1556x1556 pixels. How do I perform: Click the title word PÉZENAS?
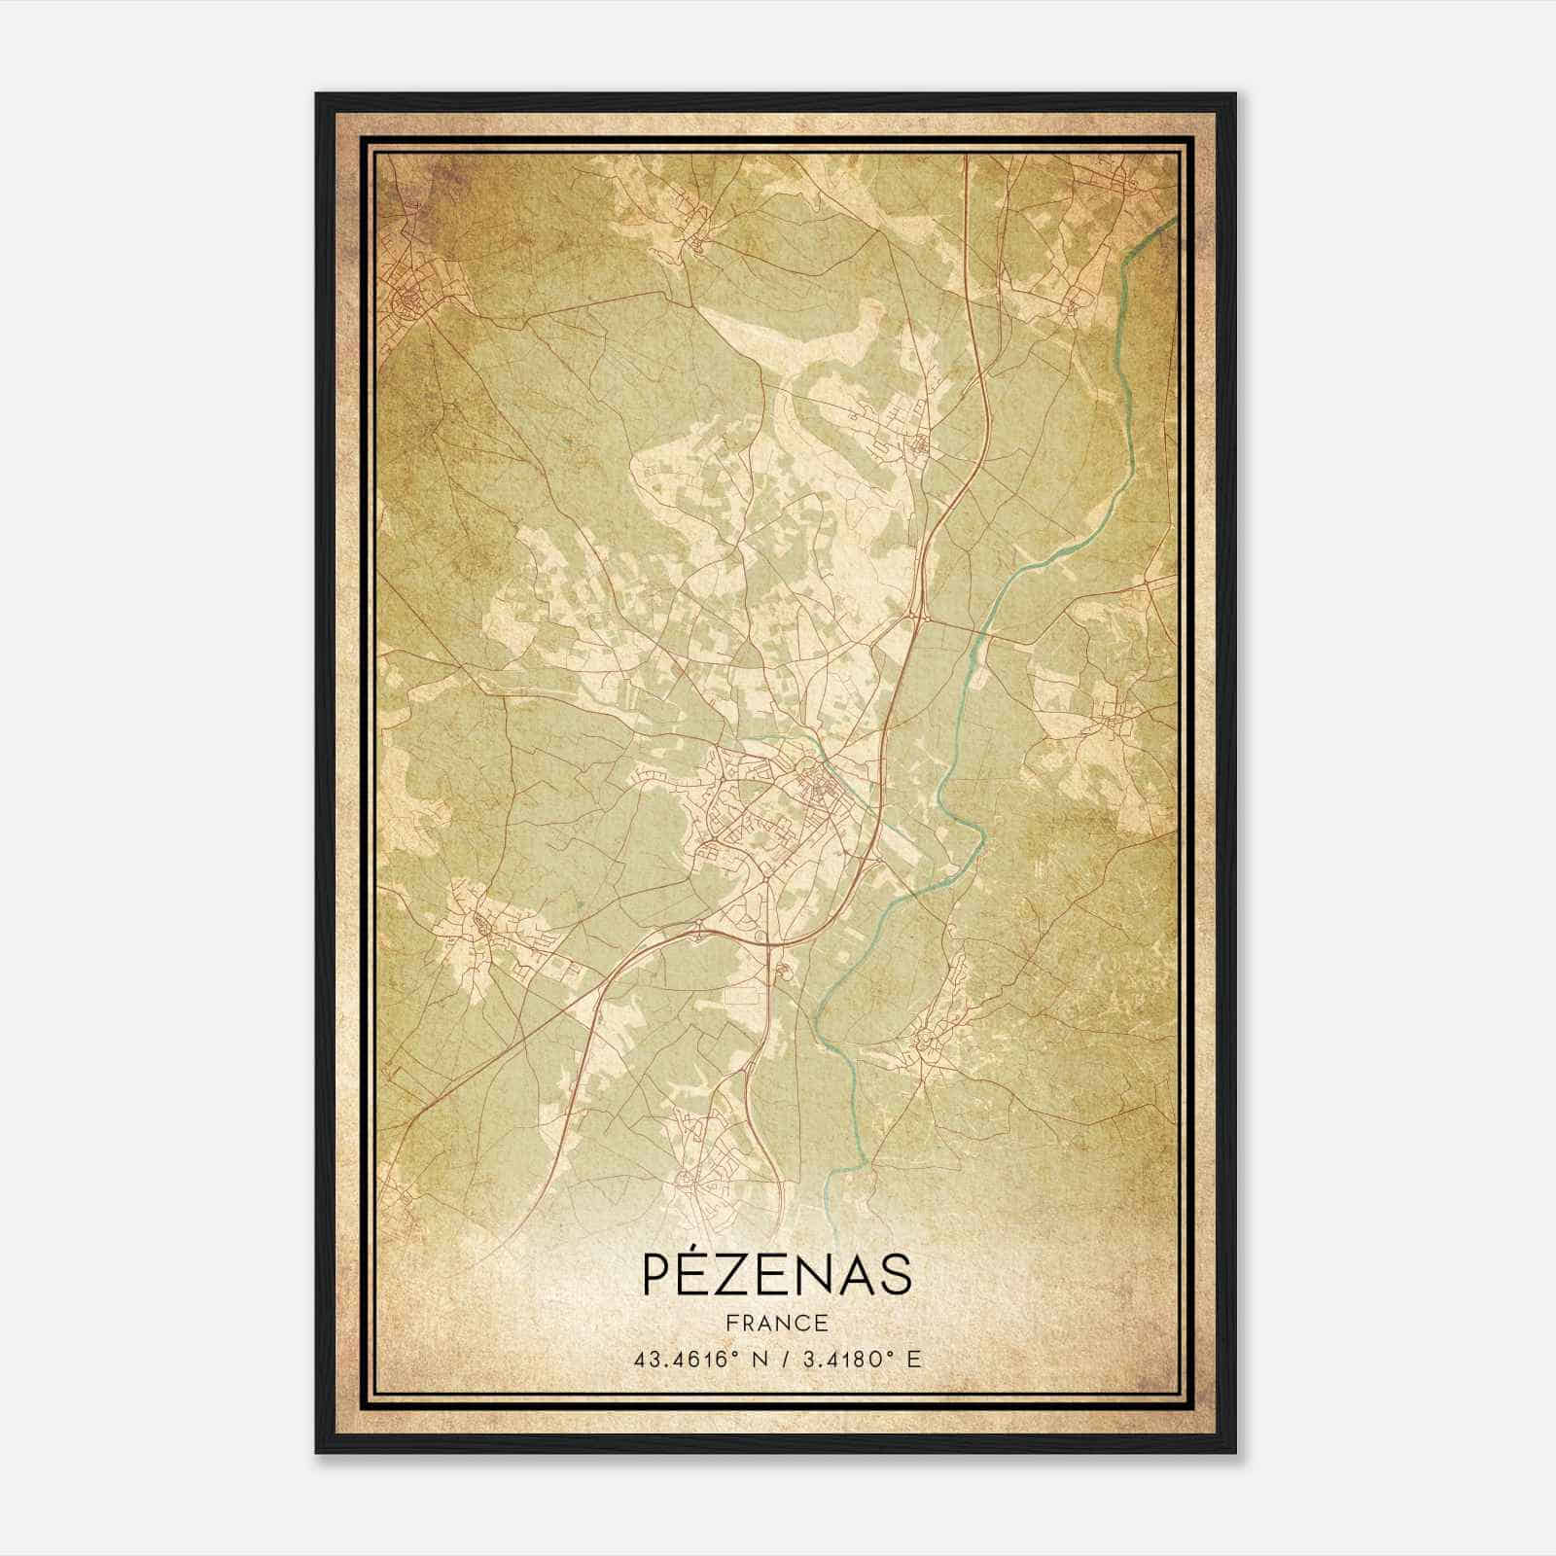776,1274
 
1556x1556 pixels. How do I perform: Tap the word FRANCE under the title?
776,1324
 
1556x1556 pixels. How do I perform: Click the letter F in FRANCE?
730,1324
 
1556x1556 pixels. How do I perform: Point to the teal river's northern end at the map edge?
1172,222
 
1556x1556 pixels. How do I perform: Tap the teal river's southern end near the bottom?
829,1194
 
